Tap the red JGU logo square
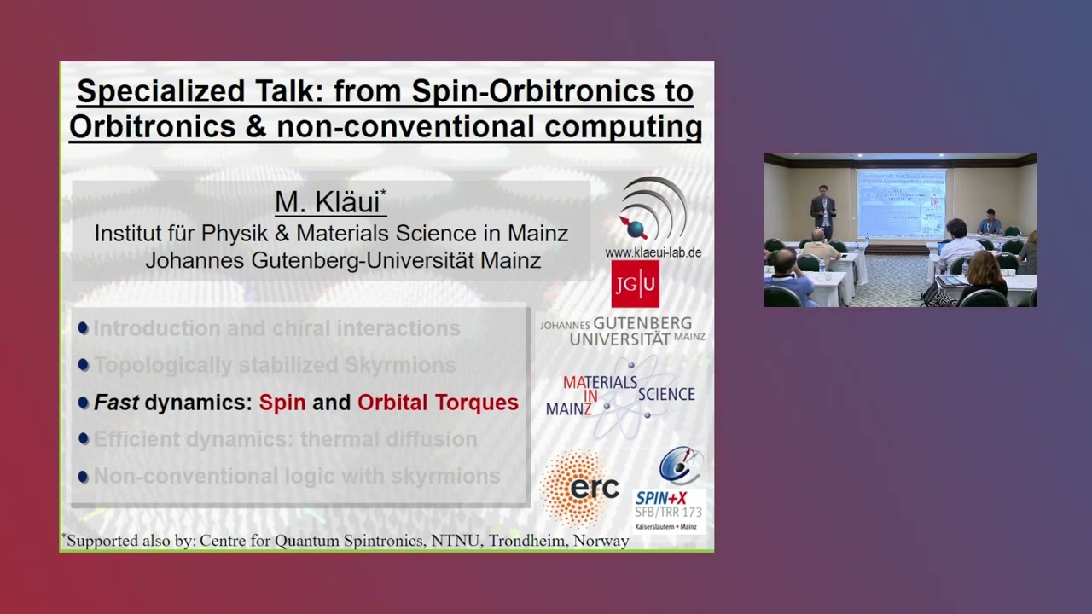[x=635, y=284]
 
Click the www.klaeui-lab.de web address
[x=653, y=252]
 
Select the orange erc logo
[x=580, y=488]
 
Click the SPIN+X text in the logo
[x=661, y=497]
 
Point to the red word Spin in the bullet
[x=282, y=403]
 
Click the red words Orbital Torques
[x=438, y=403]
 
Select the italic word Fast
[x=116, y=403]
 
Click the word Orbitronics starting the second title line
[x=140, y=127]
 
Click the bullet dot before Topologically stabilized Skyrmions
[x=83, y=365]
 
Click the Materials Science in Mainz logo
[x=620, y=396]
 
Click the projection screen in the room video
[x=900, y=203]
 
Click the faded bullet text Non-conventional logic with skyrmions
[x=297, y=476]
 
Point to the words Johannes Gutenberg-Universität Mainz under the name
[x=343, y=260]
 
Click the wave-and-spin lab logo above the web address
[x=653, y=210]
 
